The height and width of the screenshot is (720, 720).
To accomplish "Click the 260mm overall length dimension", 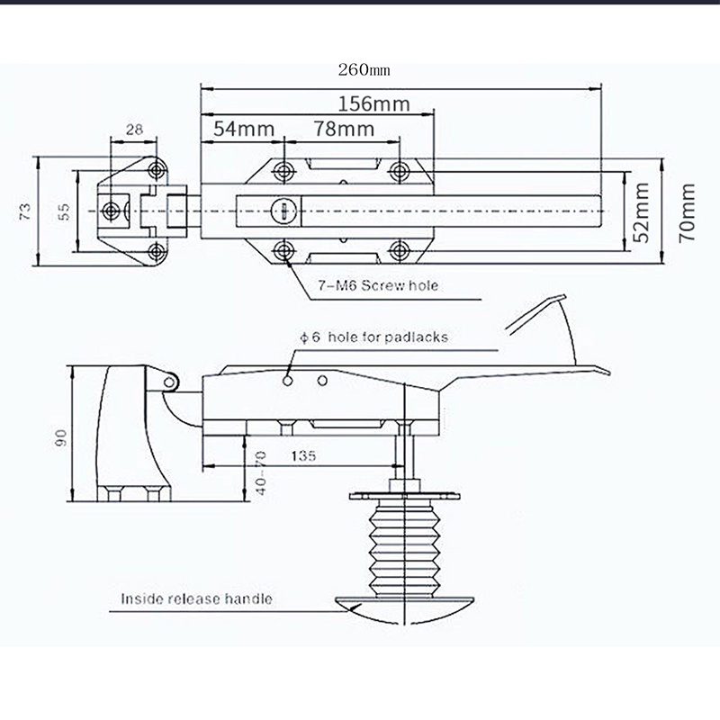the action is (x=364, y=70).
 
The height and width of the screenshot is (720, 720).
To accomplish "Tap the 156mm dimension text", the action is (x=373, y=103).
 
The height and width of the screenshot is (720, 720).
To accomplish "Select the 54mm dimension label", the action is (x=244, y=129).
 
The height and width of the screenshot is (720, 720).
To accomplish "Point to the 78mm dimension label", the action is (x=344, y=129).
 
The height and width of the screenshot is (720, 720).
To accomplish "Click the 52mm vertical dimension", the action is (x=642, y=212).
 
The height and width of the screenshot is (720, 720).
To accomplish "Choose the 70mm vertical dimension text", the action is (x=687, y=212).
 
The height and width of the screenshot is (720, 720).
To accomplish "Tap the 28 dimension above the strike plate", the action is (x=134, y=130).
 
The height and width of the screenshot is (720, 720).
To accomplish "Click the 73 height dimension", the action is (x=25, y=211).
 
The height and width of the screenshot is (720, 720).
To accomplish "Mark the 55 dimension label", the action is (x=65, y=211).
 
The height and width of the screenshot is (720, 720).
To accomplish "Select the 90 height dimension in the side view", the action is (x=60, y=437).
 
